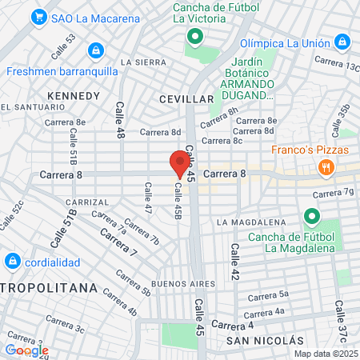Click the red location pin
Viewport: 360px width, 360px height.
tap(180, 163)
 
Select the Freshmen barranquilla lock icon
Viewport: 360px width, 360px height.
tap(96, 50)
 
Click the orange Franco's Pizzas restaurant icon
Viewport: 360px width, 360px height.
tap(325, 167)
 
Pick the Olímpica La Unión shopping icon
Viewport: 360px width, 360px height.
tap(342, 40)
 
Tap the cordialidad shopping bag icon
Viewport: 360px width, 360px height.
tap(12, 261)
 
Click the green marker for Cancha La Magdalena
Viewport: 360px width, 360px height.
tap(310, 216)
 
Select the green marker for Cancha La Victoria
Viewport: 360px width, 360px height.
tap(193, 37)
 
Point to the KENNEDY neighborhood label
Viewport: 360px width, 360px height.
tap(74, 96)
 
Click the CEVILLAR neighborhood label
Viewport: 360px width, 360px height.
tap(186, 98)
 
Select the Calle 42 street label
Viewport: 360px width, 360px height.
tap(235, 262)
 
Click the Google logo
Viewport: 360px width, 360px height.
tap(26, 350)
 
